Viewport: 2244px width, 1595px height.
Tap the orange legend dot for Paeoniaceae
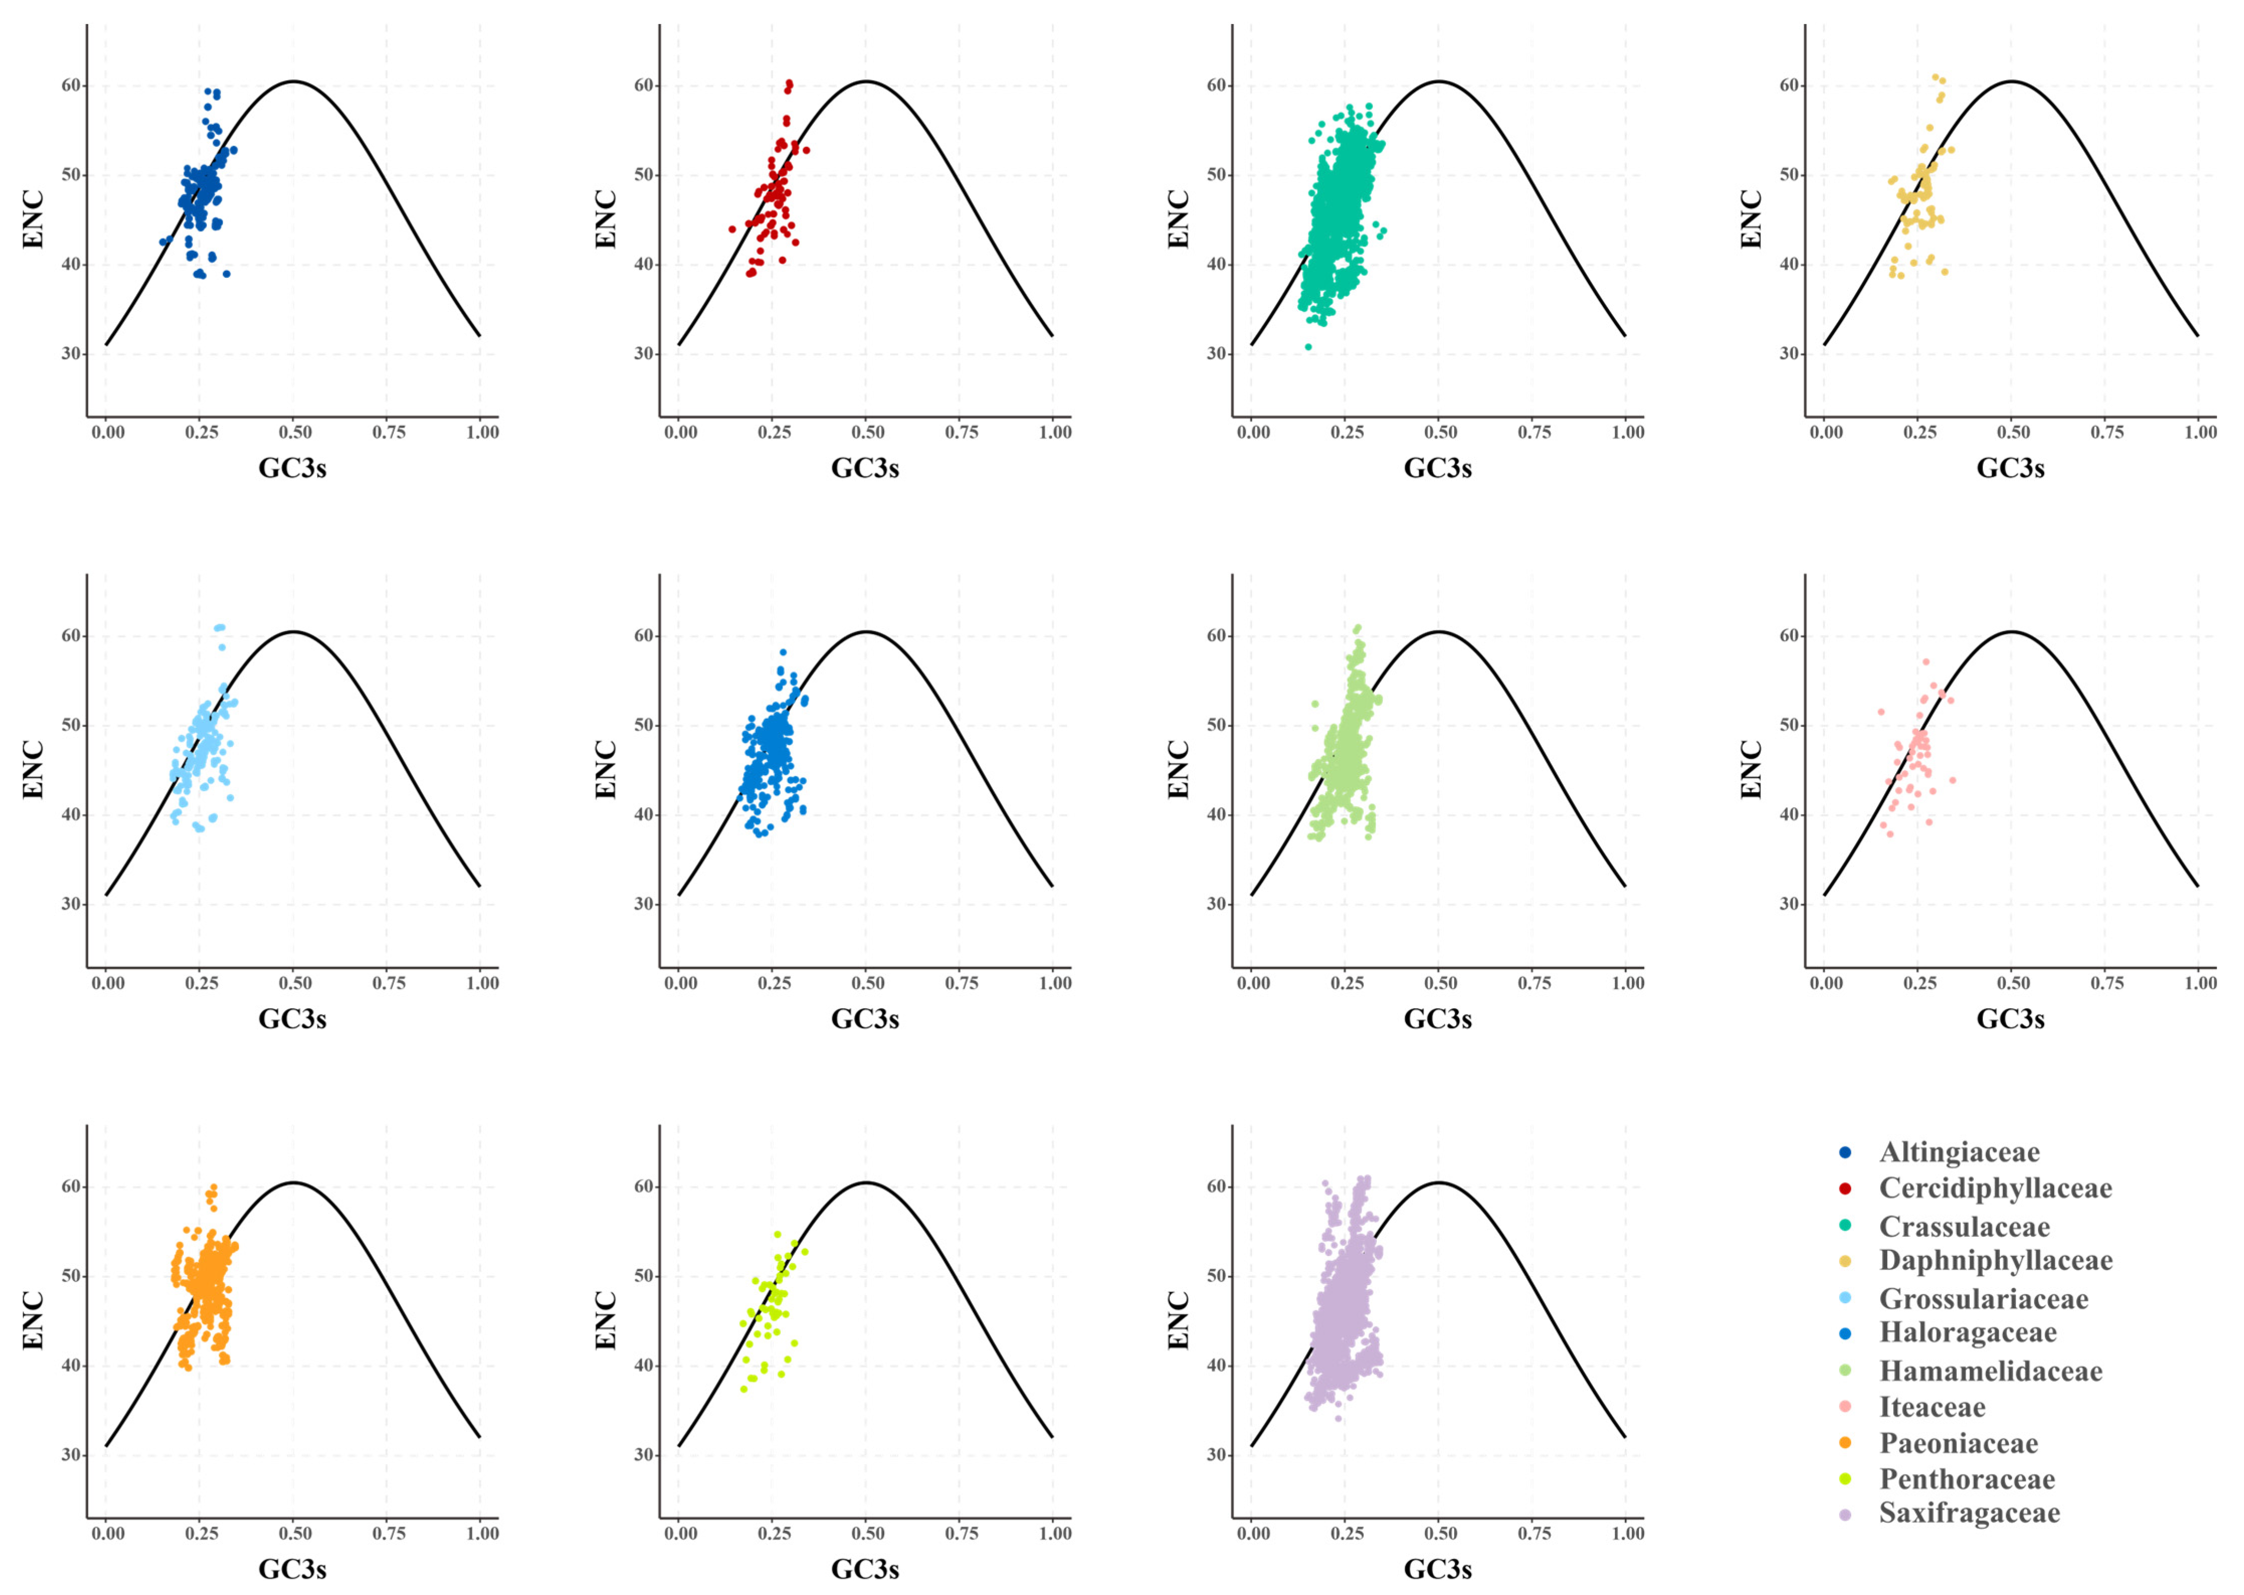point(1845,1443)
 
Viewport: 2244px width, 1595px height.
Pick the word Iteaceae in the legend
point(1931,1408)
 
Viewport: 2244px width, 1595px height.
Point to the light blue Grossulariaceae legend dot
point(1845,1299)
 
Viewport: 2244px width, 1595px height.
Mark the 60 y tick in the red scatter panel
point(643,85)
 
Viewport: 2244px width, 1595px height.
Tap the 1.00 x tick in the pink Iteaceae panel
point(2200,983)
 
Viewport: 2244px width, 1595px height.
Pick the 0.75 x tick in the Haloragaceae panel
point(960,983)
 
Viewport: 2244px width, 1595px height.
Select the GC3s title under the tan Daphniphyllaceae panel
point(2010,469)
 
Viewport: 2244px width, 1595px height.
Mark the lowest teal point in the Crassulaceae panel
point(1308,347)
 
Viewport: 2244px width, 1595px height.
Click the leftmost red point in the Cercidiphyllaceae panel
point(732,230)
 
